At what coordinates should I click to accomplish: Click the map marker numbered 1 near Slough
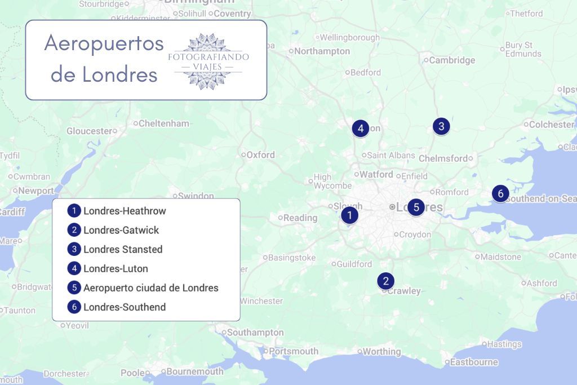click(x=349, y=215)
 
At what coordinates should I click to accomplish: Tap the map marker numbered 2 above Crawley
click(x=385, y=281)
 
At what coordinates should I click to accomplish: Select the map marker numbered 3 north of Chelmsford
click(x=441, y=126)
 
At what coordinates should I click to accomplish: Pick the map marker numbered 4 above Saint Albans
click(x=360, y=129)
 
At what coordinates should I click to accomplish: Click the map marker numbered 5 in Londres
click(x=416, y=207)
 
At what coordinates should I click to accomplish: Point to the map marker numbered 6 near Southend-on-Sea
click(x=500, y=193)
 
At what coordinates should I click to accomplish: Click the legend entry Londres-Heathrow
click(x=125, y=211)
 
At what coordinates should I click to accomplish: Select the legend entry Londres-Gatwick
click(x=121, y=230)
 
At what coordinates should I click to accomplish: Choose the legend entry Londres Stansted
click(x=123, y=249)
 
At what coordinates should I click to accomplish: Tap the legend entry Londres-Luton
click(x=116, y=268)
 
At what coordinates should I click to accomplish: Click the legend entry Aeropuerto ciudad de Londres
click(x=150, y=287)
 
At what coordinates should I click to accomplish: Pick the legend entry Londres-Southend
click(x=125, y=307)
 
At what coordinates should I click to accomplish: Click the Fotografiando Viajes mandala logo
click(x=208, y=61)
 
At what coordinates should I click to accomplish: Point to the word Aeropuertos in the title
click(x=104, y=43)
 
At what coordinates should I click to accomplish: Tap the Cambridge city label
click(x=452, y=60)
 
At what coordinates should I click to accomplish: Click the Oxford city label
click(x=260, y=154)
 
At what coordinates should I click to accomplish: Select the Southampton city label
click(x=255, y=333)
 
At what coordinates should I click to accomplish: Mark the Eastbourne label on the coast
click(x=474, y=362)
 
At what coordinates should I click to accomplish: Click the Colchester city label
click(x=551, y=124)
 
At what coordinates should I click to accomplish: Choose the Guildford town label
click(x=354, y=264)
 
